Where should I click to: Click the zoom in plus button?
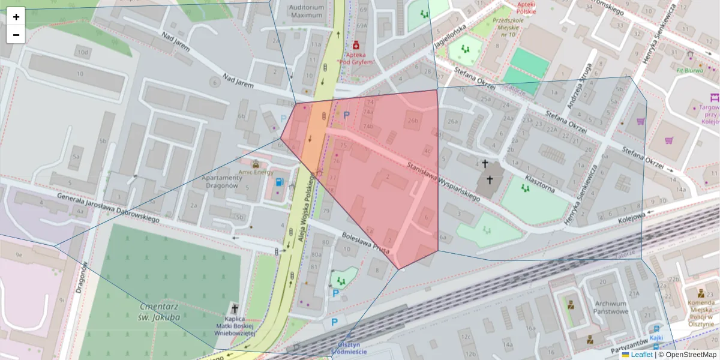16,17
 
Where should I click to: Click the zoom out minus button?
16,35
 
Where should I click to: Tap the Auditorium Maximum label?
307,11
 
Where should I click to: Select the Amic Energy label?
256,172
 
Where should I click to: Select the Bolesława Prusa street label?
366,242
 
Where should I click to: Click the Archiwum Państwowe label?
611,307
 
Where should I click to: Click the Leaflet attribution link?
641,355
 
